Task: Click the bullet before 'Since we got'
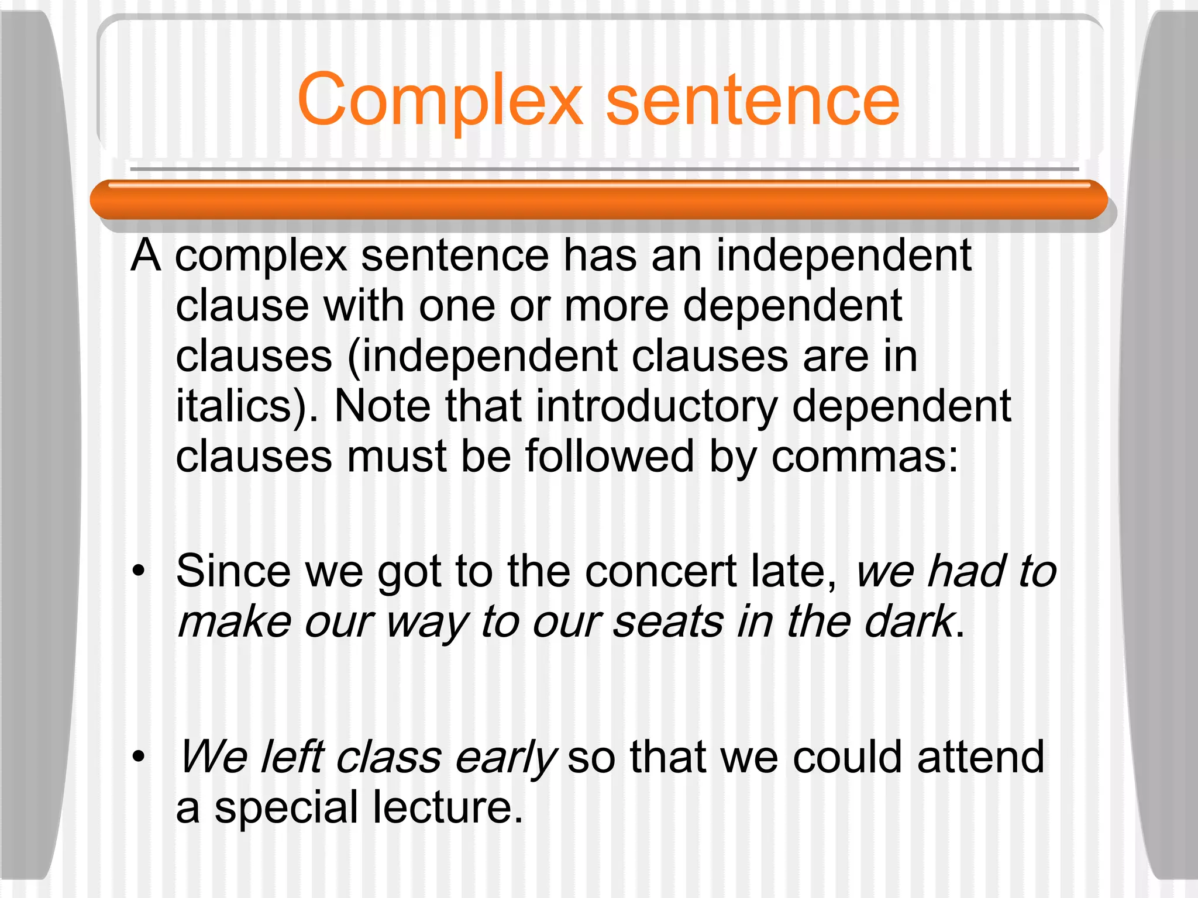coord(138,572)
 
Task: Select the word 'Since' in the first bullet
coord(233,572)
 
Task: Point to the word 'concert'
coord(660,572)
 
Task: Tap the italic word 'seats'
coord(668,622)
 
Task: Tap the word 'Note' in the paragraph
coord(382,407)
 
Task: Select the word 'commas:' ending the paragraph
coord(865,457)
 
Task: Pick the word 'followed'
coord(609,457)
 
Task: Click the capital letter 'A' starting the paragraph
coord(146,256)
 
